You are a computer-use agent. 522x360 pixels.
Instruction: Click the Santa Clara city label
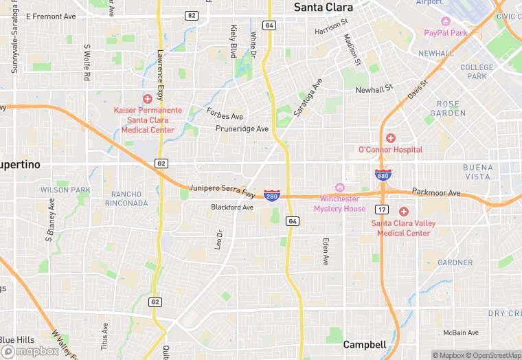coord(323,8)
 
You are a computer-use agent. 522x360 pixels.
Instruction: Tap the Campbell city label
coord(365,344)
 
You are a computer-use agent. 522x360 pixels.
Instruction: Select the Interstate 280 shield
coord(271,196)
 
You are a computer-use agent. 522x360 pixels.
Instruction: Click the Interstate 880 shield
coord(383,175)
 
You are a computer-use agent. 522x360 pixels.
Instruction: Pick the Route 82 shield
coord(191,15)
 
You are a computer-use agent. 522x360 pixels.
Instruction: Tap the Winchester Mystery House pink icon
coord(339,188)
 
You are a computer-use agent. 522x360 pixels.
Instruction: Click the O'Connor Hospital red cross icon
coord(390,138)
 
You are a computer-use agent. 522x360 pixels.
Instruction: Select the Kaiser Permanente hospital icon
coord(147,99)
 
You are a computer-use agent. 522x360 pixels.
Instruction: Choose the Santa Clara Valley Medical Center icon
coord(403,212)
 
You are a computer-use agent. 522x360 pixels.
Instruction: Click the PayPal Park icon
coord(445,21)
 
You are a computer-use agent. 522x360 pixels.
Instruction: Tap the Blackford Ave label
coord(232,207)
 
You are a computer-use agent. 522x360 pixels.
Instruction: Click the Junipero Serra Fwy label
coord(222,191)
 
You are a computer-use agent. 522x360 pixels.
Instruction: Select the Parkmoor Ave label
coord(436,193)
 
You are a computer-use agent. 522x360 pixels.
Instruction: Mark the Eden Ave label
coord(326,252)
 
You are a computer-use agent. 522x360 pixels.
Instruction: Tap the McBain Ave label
coord(460,333)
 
